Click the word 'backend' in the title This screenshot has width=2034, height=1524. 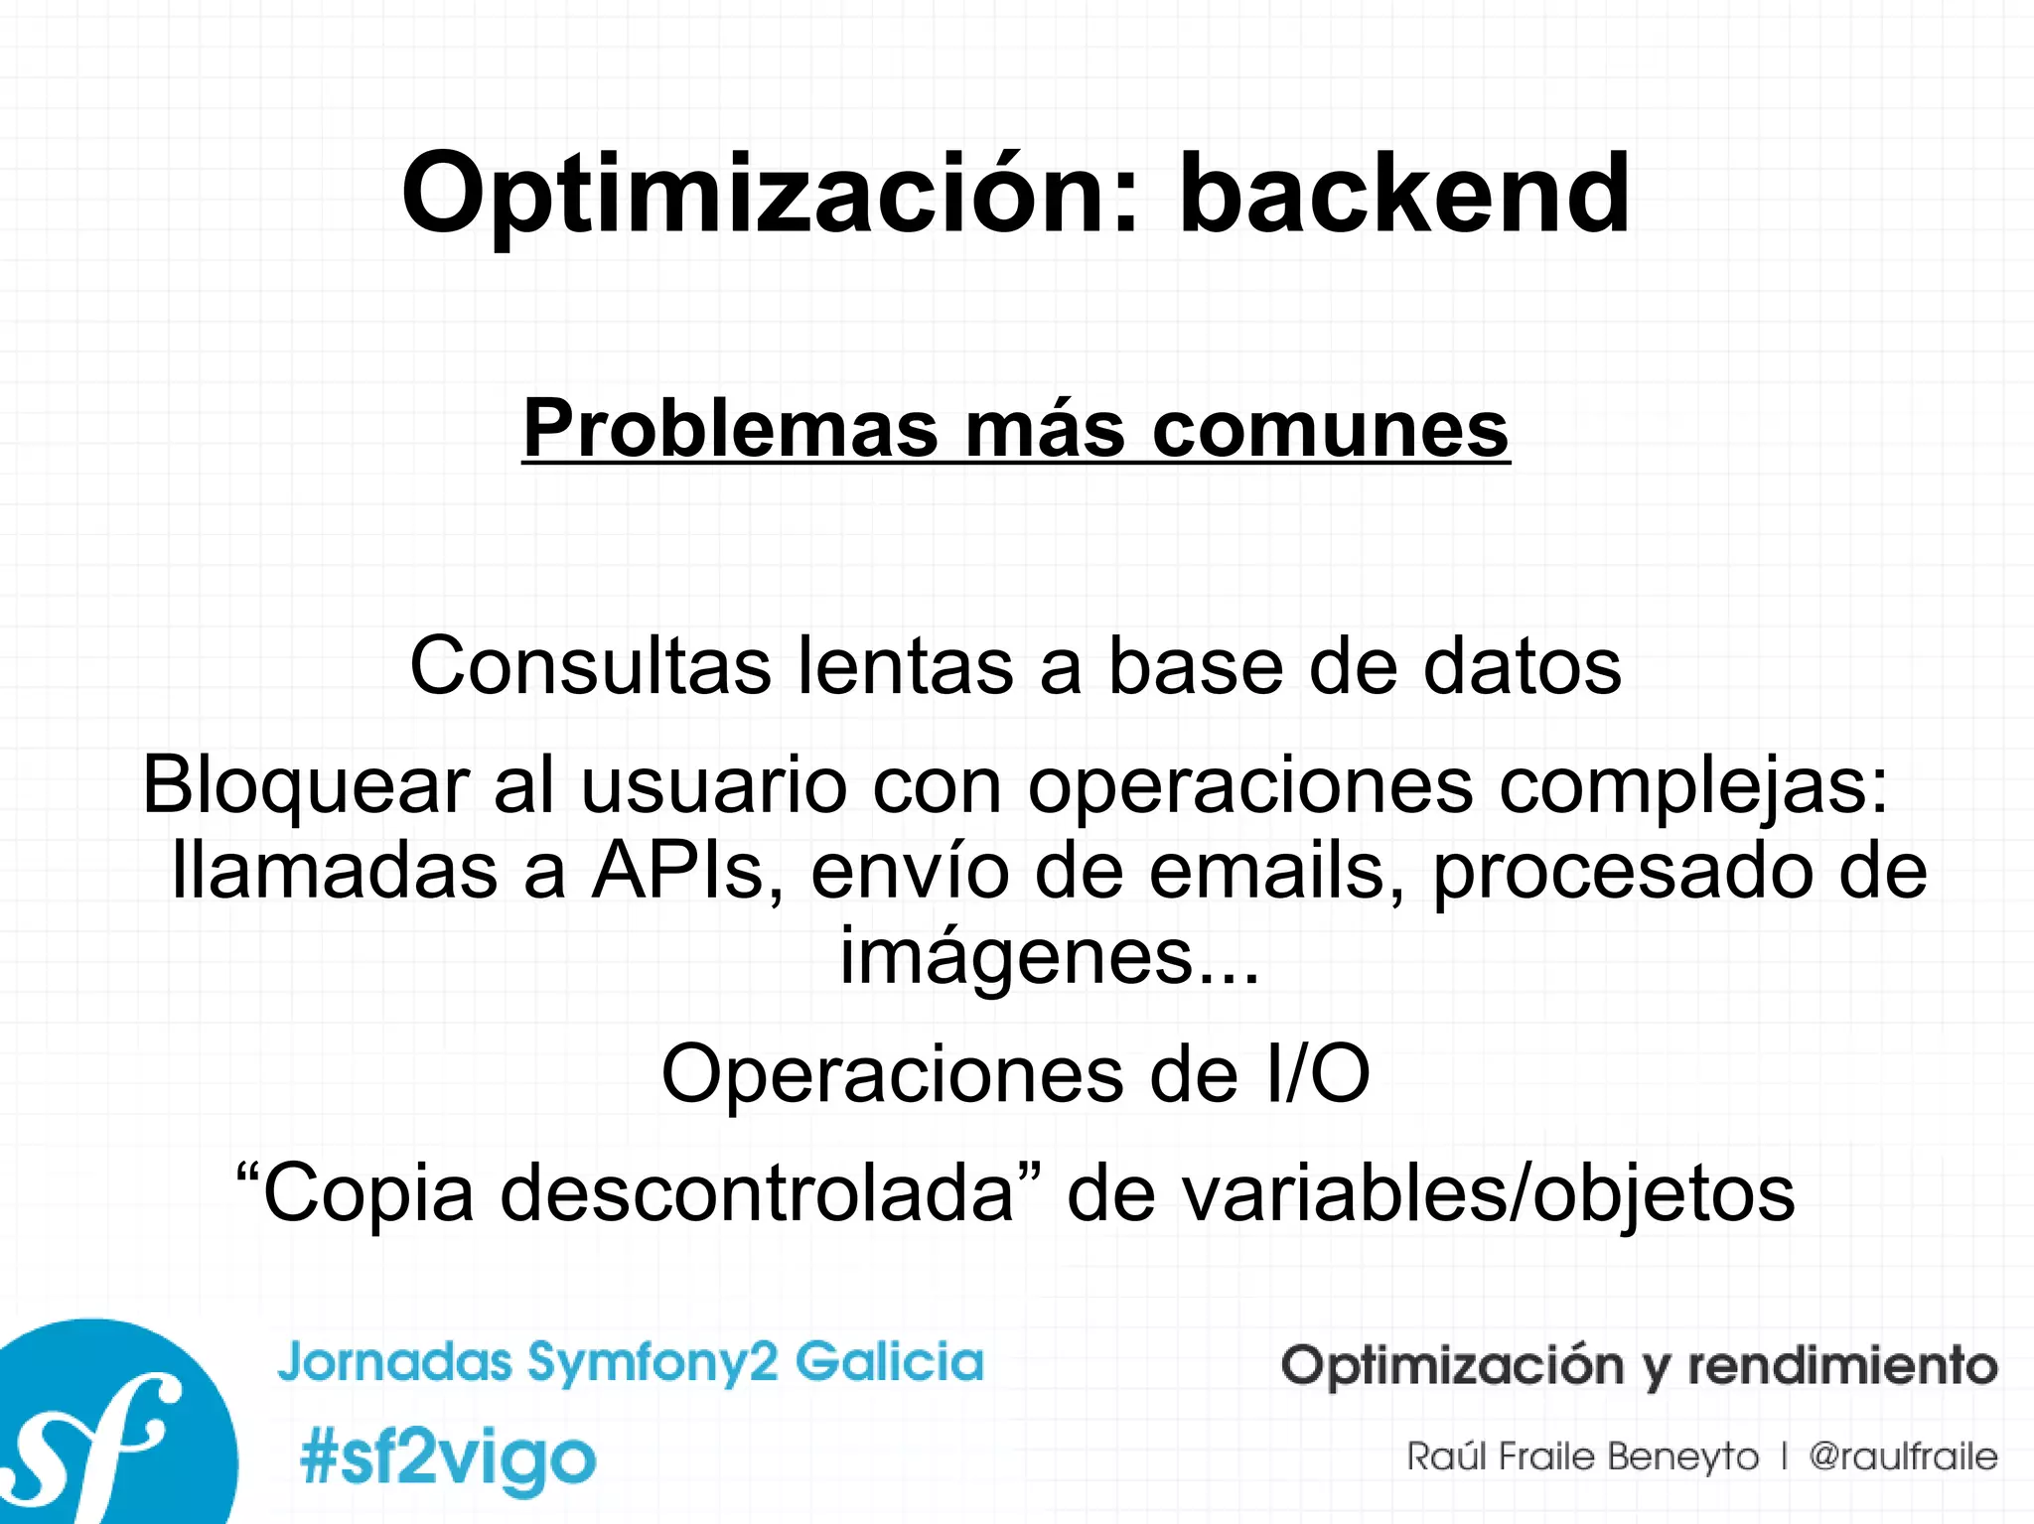point(1403,194)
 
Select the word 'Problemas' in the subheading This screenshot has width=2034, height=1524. point(730,429)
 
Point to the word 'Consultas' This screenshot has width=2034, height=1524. point(590,666)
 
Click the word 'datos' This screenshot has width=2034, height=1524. point(1522,666)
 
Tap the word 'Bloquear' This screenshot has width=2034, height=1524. point(305,785)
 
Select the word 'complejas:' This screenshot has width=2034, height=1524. point(1693,785)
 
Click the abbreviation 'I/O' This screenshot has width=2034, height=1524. point(1318,1074)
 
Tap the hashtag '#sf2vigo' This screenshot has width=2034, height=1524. point(448,1458)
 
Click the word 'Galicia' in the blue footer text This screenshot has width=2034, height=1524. point(889,1361)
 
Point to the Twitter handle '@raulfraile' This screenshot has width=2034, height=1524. point(1903,1456)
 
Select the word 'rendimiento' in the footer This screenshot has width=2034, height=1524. point(1842,1365)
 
